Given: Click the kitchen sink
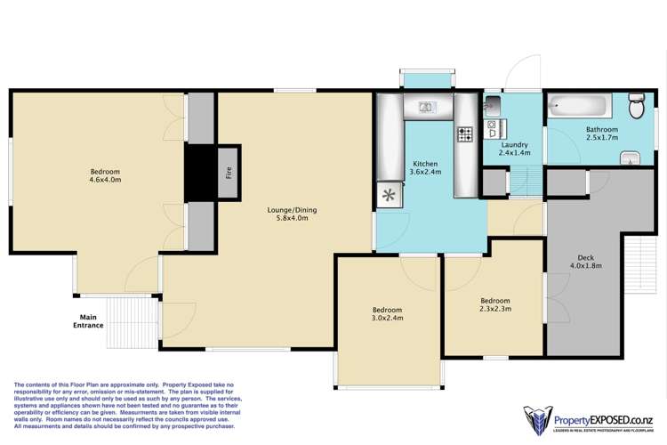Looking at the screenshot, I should pyautogui.click(x=427, y=109).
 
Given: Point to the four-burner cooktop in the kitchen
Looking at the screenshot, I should pyautogui.click(x=464, y=134).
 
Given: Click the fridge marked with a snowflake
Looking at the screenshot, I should pyautogui.click(x=388, y=195).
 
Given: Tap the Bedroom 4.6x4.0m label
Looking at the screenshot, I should pyautogui.click(x=105, y=175).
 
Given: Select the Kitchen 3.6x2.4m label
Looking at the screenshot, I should pyautogui.click(x=425, y=167).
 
